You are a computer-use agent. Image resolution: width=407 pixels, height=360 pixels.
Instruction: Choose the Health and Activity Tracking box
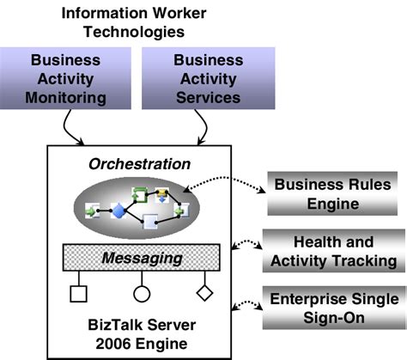click(x=332, y=251)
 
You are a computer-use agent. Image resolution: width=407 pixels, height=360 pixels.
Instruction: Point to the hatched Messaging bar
click(x=142, y=258)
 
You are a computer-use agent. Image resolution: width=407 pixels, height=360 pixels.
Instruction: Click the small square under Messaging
click(x=78, y=294)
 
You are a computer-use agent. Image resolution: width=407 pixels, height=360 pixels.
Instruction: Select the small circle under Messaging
click(x=142, y=294)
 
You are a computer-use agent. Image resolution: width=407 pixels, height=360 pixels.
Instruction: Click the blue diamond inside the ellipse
click(x=118, y=210)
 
